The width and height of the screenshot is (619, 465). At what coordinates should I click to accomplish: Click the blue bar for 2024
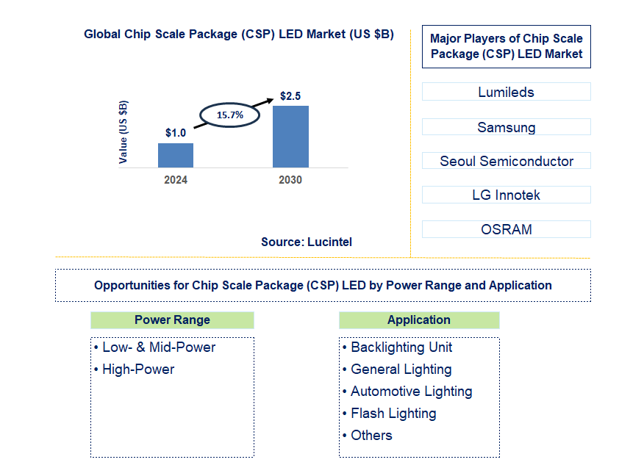coord(176,155)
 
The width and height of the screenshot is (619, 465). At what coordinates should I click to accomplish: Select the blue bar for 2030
coord(290,137)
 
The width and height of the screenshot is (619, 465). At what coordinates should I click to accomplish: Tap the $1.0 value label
coord(176,133)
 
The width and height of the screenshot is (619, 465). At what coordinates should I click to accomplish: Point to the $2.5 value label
coord(290,96)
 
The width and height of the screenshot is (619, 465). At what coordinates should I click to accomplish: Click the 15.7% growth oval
coord(229,115)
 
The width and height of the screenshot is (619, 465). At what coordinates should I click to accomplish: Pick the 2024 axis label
coord(176,180)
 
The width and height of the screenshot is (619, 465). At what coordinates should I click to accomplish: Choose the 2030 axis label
coord(290,180)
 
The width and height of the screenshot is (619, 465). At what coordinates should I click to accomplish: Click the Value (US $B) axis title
coord(124,131)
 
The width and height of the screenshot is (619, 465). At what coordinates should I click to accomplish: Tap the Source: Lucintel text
coord(307,242)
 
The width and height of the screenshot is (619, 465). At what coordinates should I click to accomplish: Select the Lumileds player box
coord(506,92)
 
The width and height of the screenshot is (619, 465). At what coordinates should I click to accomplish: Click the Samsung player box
coord(506,127)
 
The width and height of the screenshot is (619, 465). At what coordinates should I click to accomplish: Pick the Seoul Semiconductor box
coord(506,161)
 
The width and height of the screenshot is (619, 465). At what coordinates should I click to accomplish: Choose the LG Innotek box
coord(506,195)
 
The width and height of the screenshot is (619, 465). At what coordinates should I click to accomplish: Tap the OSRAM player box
coord(506,229)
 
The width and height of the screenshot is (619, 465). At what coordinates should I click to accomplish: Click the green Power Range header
coord(172,320)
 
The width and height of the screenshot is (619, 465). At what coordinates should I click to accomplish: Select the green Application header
coord(418,320)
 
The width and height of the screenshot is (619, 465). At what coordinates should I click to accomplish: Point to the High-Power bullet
coord(138,370)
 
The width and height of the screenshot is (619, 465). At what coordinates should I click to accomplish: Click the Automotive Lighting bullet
coord(411,392)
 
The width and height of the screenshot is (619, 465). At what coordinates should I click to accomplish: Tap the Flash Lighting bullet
coord(393,414)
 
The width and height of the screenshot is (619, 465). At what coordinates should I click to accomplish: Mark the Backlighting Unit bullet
coord(401,347)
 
